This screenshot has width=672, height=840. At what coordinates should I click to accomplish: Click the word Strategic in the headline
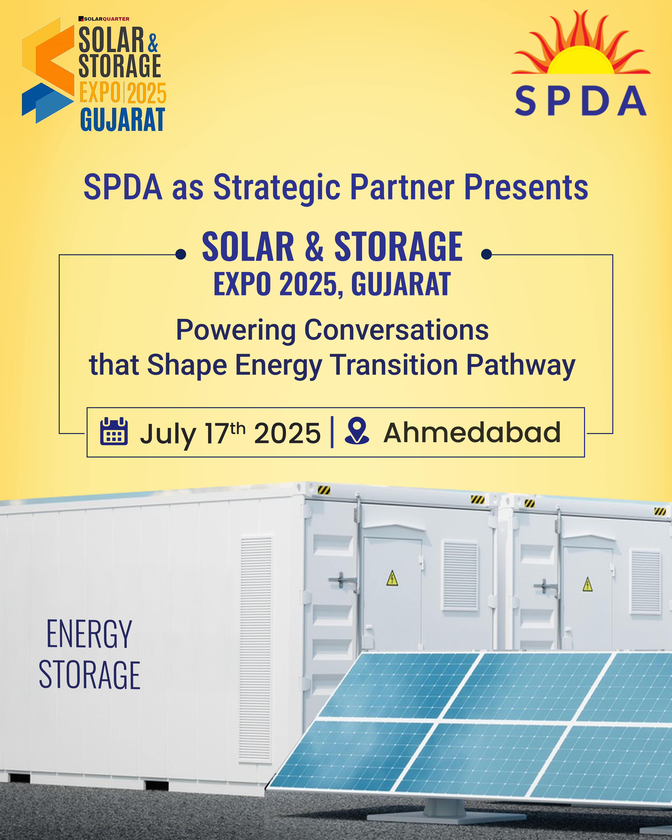click(x=277, y=188)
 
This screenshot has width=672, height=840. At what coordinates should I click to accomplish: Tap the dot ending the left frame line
click(x=180, y=254)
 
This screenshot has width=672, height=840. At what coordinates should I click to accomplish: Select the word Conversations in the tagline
click(x=396, y=330)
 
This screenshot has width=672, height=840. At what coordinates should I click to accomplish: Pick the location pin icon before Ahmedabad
click(x=357, y=430)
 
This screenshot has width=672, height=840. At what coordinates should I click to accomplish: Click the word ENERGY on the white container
click(x=89, y=634)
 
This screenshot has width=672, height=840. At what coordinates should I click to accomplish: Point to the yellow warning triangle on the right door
click(x=587, y=584)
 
